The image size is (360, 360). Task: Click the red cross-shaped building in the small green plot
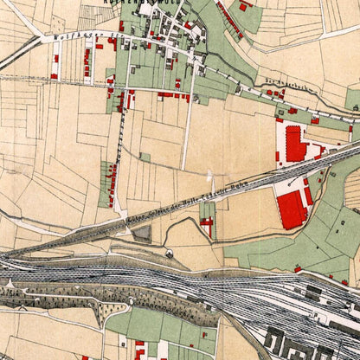[x=207, y=223]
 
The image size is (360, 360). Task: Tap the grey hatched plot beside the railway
[x=142, y=233]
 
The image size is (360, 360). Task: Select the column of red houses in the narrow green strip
[x=112, y=183]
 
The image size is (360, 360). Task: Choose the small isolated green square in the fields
[x=145, y=157]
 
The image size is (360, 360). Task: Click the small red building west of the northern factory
[x=277, y=157]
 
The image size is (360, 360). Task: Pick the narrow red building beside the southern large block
[x=309, y=195]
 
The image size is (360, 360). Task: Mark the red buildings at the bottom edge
[x=139, y=350]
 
